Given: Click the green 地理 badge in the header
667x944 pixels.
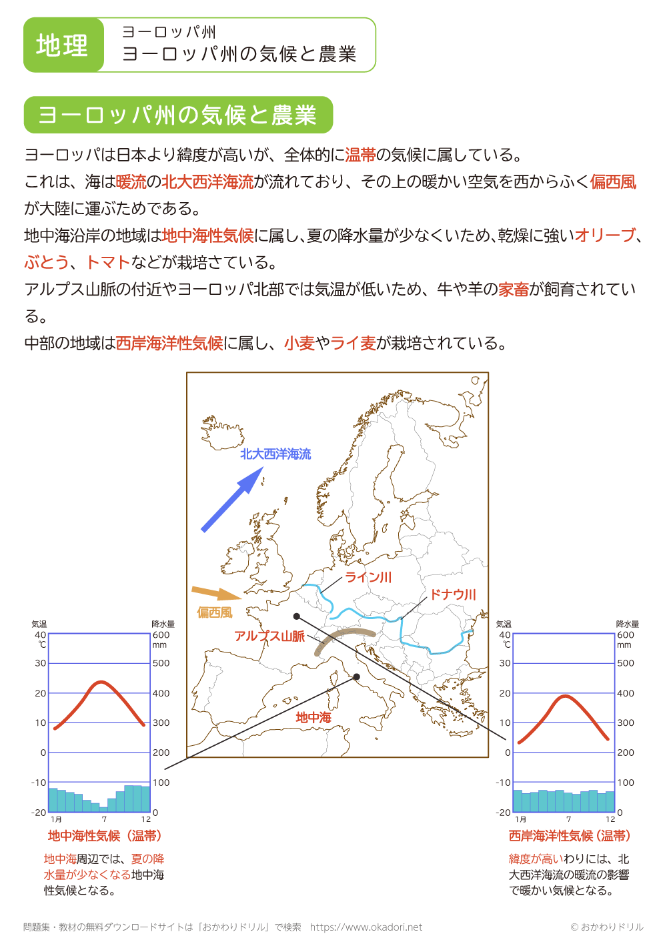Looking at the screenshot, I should (63, 45).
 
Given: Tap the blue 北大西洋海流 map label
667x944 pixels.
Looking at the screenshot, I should (275, 454).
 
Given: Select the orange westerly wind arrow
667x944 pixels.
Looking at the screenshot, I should (215, 592).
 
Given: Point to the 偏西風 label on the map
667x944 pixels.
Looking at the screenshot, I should (215, 612).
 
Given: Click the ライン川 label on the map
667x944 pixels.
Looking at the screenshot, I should (368, 578).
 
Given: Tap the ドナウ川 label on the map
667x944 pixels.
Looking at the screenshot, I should (453, 594).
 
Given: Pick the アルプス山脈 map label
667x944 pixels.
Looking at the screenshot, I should (269, 636).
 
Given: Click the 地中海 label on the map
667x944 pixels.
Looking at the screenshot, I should (313, 718).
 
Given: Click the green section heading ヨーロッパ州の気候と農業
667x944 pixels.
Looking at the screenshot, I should (177, 115).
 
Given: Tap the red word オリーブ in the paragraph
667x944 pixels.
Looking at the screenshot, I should (605, 235).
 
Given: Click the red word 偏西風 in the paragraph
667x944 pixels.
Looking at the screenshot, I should (613, 182).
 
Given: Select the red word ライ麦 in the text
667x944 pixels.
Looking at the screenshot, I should (354, 343).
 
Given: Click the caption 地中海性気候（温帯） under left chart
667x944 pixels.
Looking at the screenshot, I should (105, 836).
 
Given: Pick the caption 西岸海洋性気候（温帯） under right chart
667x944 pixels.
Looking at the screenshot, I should (570, 836).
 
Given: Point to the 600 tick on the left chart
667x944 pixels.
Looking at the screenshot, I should (161, 635).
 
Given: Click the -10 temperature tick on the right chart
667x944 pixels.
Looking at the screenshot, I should (504, 783).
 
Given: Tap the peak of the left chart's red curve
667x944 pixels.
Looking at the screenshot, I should (100, 682).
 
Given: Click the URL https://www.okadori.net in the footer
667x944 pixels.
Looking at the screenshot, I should (366, 927).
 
